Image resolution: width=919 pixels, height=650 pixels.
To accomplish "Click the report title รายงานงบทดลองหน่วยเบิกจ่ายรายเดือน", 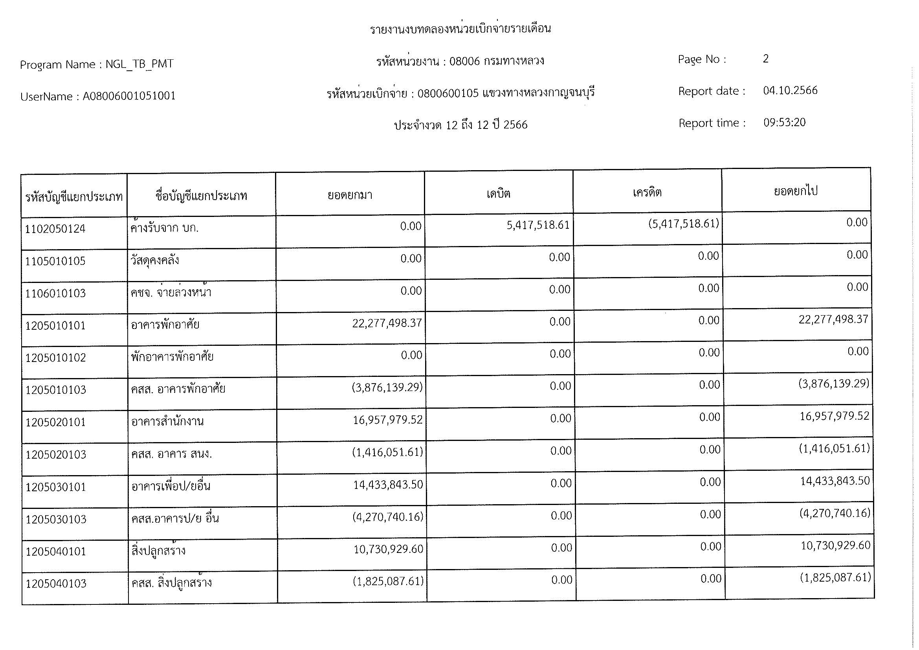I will pyautogui.click(x=460, y=29).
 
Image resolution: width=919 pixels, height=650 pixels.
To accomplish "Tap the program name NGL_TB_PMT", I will pyautogui.click(x=139, y=64).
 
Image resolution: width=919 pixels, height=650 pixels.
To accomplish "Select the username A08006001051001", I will pyautogui.click(x=129, y=96).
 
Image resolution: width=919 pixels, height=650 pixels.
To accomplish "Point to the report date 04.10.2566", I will pyautogui.click(x=790, y=90).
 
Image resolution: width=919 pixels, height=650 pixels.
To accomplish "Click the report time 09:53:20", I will pyautogui.click(x=784, y=123).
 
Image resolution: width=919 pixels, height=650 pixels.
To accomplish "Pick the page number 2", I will pyautogui.click(x=765, y=59).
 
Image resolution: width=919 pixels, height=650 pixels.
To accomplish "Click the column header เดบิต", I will pyautogui.click(x=498, y=194).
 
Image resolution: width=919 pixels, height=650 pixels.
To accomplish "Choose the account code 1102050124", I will pyautogui.click(x=55, y=230).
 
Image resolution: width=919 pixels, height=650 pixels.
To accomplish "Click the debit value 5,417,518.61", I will pyautogui.click(x=537, y=225).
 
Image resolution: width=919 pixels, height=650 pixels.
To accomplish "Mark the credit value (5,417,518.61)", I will pyautogui.click(x=683, y=224).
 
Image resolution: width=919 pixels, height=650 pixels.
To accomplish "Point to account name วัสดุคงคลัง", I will pyautogui.click(x=155, y=261).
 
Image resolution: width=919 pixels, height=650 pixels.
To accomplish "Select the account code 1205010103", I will pyautogui.click(x=56, y=390).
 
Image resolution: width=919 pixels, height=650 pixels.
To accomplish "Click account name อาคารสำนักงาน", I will pyautogui.click(x=167, y=421).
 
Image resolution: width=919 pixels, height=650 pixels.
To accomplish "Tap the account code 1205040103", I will pyautogui.click(x=56, y=584).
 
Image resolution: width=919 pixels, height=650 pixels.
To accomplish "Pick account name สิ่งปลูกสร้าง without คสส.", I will pyautogui.click(x=158, y=551).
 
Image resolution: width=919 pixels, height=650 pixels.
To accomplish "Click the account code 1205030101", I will pyautogui.click(x=56, y=487).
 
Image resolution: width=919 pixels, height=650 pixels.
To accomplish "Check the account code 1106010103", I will pyautogui.click(x=55, y=294).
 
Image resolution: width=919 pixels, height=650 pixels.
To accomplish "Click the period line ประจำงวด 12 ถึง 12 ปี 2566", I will pyautogui.click(x=460, y=125).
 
